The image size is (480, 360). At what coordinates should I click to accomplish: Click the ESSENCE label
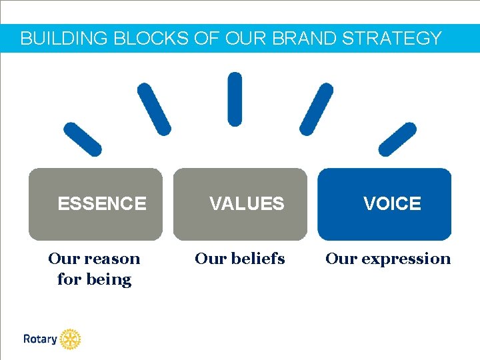point(102,204)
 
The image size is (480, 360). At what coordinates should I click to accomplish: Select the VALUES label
point(247,204)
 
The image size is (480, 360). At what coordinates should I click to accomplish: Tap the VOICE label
point(392,204)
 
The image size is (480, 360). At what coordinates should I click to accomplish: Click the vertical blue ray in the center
point(235,99)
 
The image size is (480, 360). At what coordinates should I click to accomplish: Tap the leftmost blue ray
point(83,139)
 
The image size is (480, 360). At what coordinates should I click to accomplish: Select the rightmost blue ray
point(397,139)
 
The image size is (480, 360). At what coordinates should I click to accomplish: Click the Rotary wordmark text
point(40,339)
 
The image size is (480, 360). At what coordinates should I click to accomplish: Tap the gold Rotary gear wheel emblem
point(70,339)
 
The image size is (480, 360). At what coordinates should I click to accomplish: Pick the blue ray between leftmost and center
point(154,109)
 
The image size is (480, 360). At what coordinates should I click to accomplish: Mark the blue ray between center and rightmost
point(316,109)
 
